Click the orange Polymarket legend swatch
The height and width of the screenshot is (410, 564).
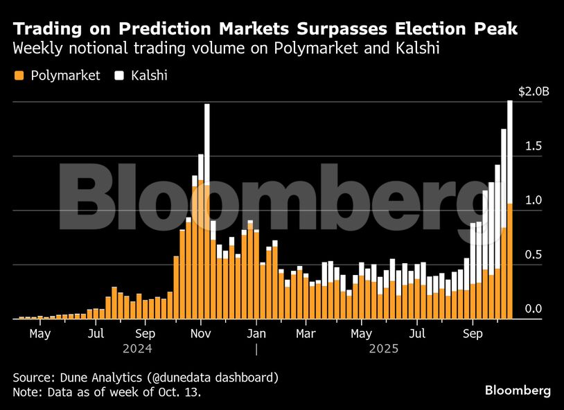click(19, 75)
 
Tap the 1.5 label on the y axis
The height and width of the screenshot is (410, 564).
click(533, 146)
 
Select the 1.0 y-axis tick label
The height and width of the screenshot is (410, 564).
click(533, 200)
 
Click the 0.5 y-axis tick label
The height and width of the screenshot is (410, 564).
click(533, 255)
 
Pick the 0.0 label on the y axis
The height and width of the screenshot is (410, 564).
click(533, 309)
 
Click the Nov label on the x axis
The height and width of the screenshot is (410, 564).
click(200, 333)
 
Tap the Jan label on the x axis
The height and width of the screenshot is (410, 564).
click(256, 333)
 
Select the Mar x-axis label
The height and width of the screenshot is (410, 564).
click(306, 333)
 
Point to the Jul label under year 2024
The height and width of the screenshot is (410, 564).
click(96, 333)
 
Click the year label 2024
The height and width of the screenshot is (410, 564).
click(137, 349)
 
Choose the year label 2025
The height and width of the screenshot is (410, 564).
click(383, 349)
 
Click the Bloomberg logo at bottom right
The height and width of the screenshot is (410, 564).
click(518, 391)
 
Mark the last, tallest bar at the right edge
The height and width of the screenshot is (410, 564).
click(510, 208)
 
